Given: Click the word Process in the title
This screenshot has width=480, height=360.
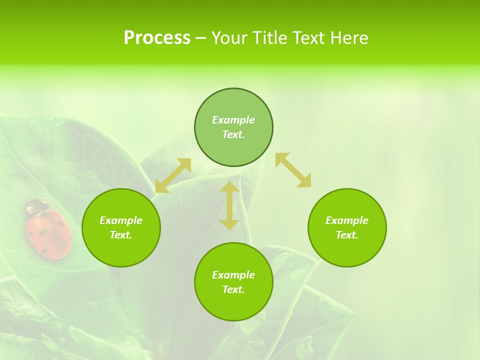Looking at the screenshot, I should tap(157, 38).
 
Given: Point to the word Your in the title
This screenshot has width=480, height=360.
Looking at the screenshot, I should tap(230, 38).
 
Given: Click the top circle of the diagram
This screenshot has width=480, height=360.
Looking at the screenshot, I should tap(233, 127).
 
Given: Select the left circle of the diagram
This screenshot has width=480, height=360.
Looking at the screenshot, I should tap(121, 227).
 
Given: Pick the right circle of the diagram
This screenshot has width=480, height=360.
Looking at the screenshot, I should tap(347, 227).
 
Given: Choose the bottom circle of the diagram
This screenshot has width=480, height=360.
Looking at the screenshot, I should tap(233, 282).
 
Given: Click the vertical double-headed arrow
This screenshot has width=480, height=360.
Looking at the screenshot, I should tap(229, 205).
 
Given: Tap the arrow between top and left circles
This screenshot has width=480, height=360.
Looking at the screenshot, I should tap(173, 175).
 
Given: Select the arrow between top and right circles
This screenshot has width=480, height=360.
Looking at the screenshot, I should tap(293, 170).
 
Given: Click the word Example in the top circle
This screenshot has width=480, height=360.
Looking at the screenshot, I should tap(233, 120).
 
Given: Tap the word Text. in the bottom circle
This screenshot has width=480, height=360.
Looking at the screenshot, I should tap(233, 289).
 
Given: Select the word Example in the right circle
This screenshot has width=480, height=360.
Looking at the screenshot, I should tap(347, 220).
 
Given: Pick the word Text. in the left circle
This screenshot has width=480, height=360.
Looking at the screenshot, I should tap(121, 235).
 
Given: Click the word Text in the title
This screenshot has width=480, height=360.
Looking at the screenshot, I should tap(309, 38).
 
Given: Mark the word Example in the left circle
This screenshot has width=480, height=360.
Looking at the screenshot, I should tap(121, 220).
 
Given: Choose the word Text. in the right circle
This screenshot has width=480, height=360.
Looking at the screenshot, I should tap(347, 235).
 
